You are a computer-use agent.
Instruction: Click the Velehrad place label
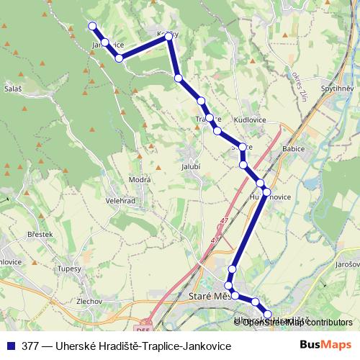point(121,201)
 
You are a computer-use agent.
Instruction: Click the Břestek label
point(40,235)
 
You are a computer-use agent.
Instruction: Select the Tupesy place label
point(70,269)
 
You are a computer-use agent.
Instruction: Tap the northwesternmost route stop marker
point(92,27)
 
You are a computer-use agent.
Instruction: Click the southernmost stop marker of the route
point(268,314)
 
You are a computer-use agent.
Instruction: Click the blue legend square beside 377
point(9,346)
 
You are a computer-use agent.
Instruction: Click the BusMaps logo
point(326,345)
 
